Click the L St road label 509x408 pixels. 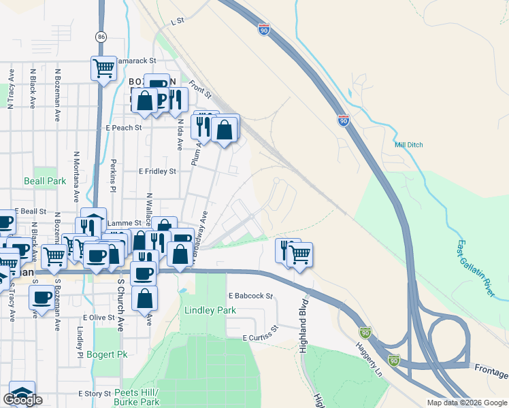coord(178,22)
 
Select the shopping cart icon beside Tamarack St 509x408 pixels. coord(103,67)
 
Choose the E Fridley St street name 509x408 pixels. coord(157,172)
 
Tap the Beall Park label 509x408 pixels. coord(45,181)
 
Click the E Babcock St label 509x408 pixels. coord(250,296)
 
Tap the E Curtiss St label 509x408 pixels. coord(261,333)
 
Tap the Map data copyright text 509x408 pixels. coord(466,403)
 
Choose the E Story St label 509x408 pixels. coord(99,394)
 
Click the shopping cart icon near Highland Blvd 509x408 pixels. coord(299,254)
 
